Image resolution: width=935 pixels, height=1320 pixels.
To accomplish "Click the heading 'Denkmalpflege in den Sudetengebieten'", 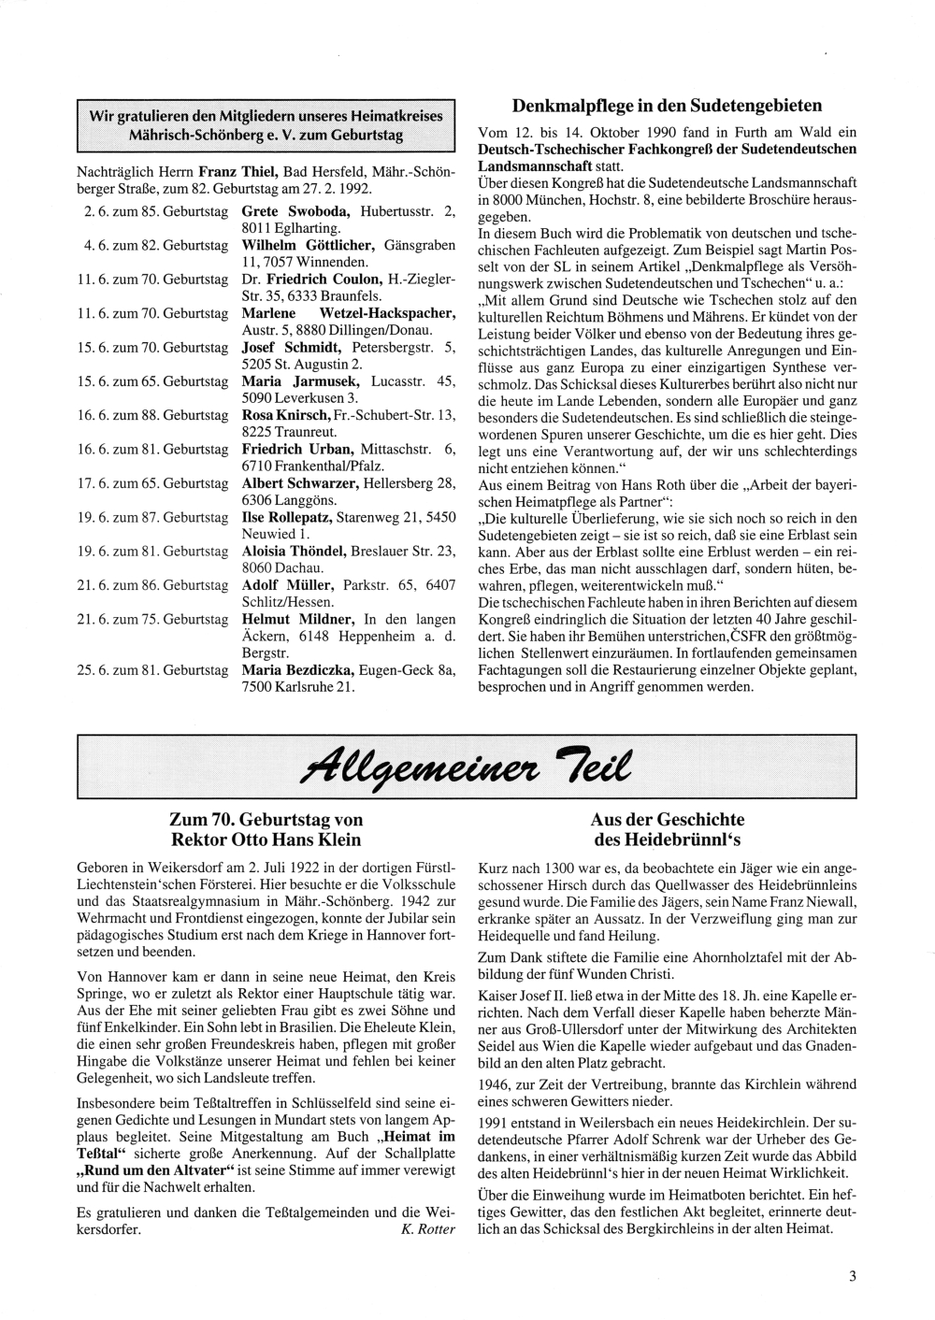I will (x=668, y=106).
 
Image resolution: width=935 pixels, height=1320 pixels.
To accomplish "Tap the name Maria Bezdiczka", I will (x=304, y=670).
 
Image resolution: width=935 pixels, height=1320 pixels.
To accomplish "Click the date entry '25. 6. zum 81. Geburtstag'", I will (x=153, y=670).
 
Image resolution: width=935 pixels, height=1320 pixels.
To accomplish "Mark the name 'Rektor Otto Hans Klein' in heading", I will (x=266, y=839).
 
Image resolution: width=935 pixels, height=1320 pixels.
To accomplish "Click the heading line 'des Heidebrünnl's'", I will (x=666, y=839).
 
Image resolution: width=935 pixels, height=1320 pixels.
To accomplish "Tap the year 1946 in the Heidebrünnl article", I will (x=494, y=1084).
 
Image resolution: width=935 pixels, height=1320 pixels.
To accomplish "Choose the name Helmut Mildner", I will (x=296, y=619).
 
